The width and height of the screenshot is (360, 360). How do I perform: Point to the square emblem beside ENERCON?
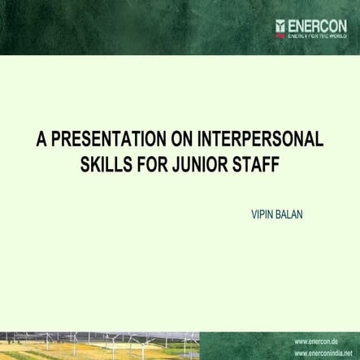(x=280, y=24)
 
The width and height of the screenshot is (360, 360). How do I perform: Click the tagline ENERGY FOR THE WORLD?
(x=318, y=36)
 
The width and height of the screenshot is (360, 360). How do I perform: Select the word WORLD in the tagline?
(x=336, y=36)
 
